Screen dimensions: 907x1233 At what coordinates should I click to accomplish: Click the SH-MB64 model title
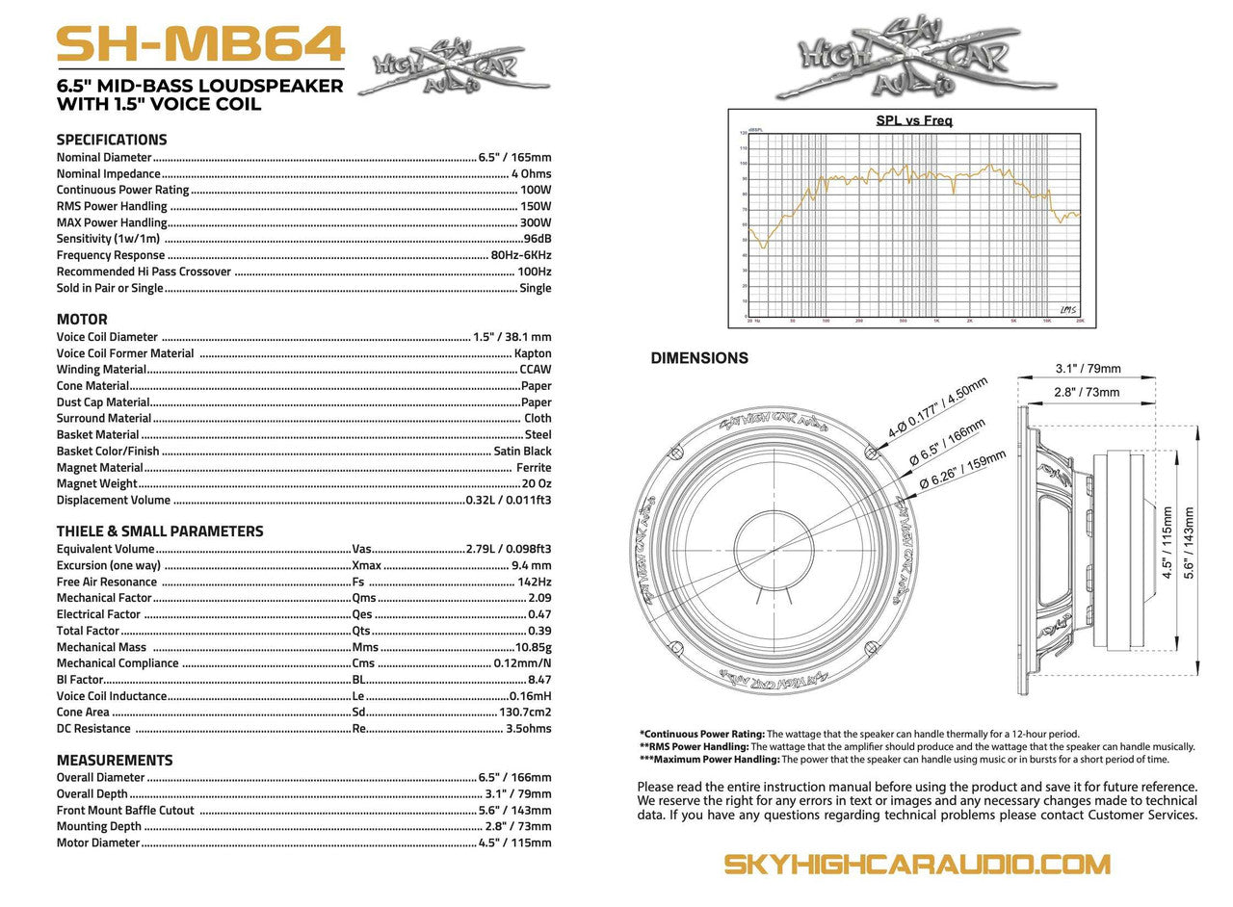click(x=200, y=43)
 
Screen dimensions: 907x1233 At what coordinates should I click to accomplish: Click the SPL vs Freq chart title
click(x=913, y=121)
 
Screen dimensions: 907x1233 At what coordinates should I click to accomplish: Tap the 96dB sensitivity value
click(x=537, y=239)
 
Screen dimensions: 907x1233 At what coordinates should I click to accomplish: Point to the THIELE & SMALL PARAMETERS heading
click(x=159, y=531)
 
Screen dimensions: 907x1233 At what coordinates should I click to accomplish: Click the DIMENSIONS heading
click(x=699, y=358)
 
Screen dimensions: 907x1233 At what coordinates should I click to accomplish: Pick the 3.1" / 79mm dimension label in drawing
click(x=1088, y=368)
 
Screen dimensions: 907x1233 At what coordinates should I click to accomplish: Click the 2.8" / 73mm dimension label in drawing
click(x=1087, y=392)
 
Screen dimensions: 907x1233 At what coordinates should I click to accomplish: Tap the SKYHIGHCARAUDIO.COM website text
click(x=917, y=863)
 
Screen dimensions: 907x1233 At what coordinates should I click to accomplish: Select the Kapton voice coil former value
click(x=533, y=353)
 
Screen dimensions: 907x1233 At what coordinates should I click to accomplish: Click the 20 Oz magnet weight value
click(x=537, y=483)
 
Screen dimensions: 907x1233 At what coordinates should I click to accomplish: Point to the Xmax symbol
click(x=367, y=565)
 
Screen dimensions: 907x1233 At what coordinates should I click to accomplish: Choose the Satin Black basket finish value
click(x=522, y=451)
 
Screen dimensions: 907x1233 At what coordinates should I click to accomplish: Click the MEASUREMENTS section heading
click(x=115, y=760)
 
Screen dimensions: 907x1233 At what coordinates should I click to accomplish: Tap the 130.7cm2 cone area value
click(x=526, y=713)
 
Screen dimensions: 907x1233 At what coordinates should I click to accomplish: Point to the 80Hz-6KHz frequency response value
click(x=521, y=255)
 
